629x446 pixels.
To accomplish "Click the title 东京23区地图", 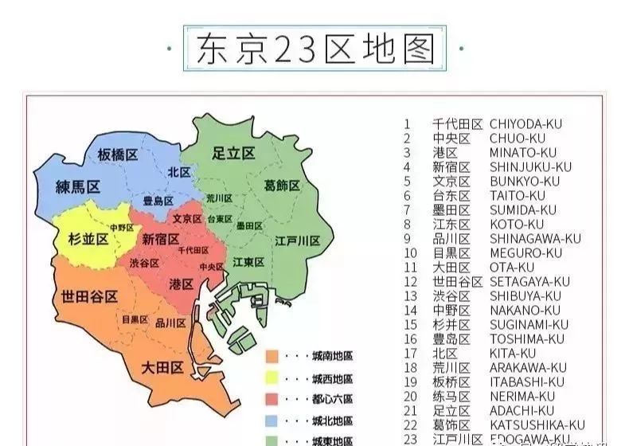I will (x=314, y=48).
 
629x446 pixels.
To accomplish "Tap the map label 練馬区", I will (x=77, y=188).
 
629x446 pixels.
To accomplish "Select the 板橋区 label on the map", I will (x=119, y=155).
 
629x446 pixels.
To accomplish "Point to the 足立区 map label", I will (x=233, y=153).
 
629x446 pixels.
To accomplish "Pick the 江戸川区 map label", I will (x=297, y=241).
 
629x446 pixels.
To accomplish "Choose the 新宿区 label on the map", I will (x=161, y=239).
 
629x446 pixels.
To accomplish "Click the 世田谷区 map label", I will (x=89, y=296).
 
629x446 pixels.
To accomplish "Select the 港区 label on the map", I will (x=182, y=284).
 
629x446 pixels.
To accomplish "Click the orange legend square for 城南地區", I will (x=272, y=356).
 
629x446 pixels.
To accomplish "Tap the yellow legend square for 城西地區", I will (x=272, y=378).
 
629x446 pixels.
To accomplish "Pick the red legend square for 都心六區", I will (x=272, y=399).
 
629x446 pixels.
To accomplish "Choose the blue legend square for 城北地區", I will (x=272, y=420).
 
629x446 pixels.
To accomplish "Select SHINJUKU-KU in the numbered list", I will (x=530, y=167).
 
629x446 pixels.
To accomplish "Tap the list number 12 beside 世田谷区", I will (x=410, y=282).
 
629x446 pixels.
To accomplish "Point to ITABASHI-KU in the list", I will (x=526, y=382).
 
